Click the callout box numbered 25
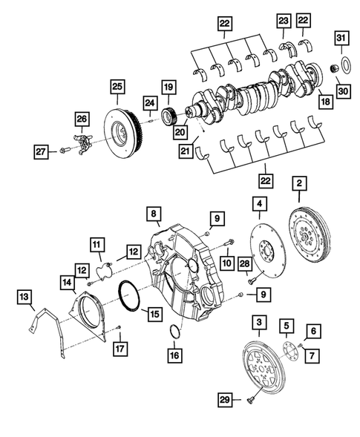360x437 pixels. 117,88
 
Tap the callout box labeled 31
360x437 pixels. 341,38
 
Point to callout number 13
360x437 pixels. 25,298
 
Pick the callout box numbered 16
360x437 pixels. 174,356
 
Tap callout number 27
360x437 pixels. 42,152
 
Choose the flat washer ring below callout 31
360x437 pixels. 341,64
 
